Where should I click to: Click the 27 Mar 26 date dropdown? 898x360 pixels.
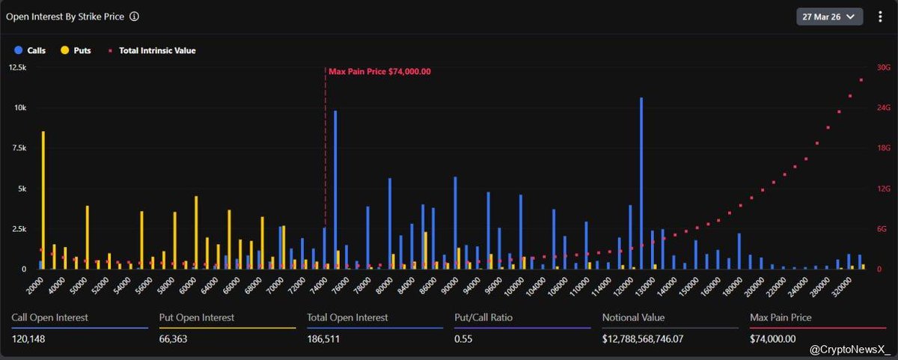tap(829, 16)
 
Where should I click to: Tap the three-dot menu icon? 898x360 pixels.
tap(879, 16)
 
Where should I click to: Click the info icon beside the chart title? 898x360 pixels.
tap(135, 16)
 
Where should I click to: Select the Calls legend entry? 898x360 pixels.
tap(31, 51)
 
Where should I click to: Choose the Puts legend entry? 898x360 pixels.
tap(76, 51)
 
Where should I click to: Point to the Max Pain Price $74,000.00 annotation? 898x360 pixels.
tap(379, 72)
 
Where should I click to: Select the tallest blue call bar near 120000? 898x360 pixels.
tap(641, 183)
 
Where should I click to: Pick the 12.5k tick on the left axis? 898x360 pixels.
tap(16, 67)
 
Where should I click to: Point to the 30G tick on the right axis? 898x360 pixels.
tap(883, 67)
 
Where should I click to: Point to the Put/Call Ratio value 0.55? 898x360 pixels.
tap(464, 339)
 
